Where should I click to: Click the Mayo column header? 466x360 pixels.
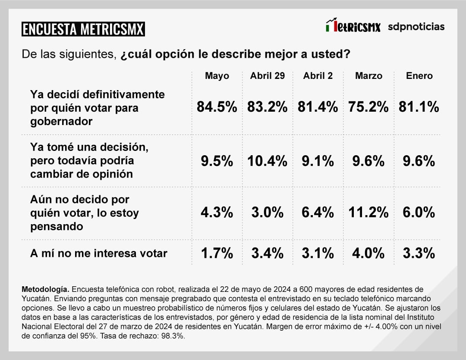click(x=217, y=76)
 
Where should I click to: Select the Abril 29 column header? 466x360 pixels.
click(x=268, y=76)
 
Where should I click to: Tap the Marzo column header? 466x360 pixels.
click(x=368, y=76)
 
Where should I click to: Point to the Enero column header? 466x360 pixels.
click(x=419, y=76)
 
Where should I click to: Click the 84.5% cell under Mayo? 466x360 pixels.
click(x=217, y=107)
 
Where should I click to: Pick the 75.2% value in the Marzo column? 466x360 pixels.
click(x=368, y=107)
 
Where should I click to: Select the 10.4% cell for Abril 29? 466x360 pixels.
click(x=268, y=161)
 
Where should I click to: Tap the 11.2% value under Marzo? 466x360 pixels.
click(x=368, y=213)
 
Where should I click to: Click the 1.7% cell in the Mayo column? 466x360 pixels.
click(x=217, y=253)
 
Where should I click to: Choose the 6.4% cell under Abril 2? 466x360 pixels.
click(x=318, y=213)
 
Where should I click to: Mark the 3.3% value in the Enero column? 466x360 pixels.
click(x=419, y=253)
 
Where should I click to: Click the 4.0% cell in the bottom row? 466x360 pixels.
click(x=368, y=253)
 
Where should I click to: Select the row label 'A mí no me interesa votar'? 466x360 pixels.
click(x=98, y=253)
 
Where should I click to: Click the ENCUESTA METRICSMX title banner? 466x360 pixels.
click(x=83, y=29)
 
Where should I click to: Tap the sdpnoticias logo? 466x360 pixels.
click(x=416, y=27)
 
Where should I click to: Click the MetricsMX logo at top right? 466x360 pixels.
click(x=353, y=26)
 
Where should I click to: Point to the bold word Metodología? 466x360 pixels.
click(x=44, y=289)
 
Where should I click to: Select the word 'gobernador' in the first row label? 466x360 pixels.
click(x=61, y=122)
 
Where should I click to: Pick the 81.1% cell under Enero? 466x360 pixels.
click(x=419, y=107)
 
